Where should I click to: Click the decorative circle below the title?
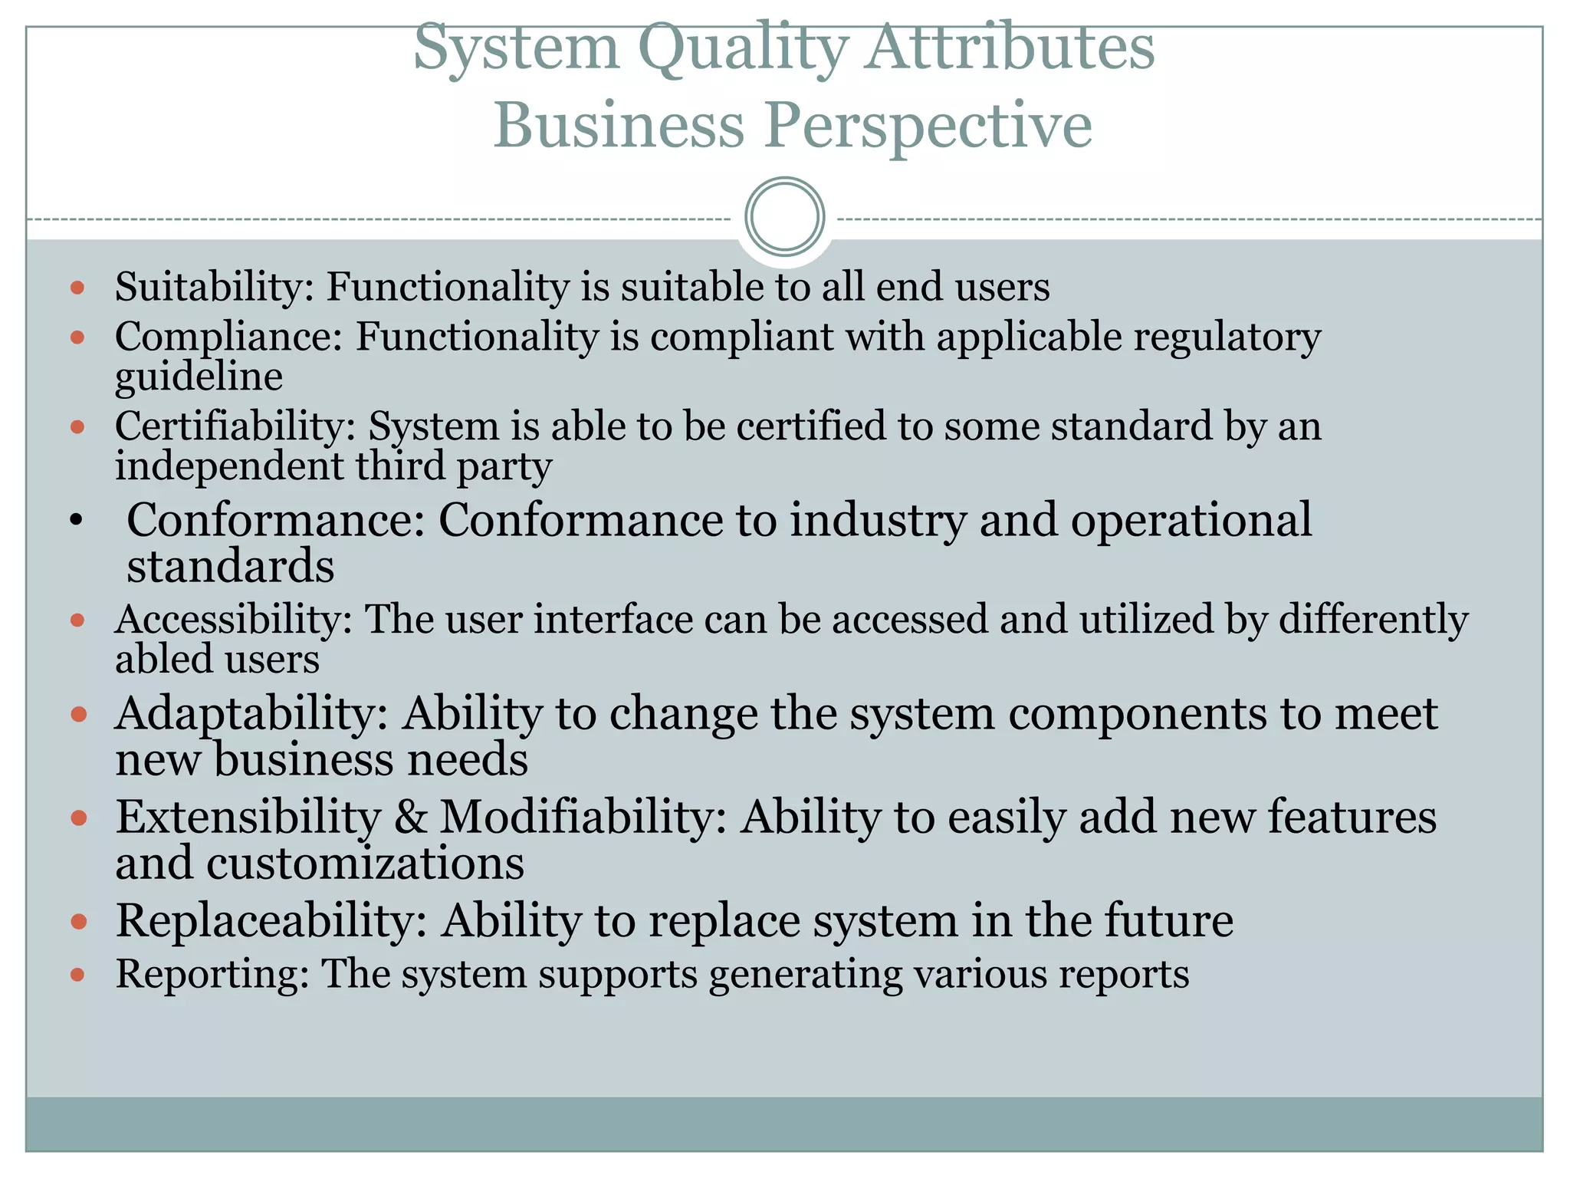pyautogui.click(x=784, y=217)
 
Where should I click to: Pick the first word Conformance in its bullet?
pyautogui.click(x=274, y=520)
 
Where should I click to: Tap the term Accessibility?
pyautogui.click(x=232, y=620)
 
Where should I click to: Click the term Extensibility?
pyautogui.click(x=248, y=817)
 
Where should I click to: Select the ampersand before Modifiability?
pyautogui.click(x=410, y=817)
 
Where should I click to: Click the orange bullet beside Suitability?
pyautogui.click(x=77, y=288)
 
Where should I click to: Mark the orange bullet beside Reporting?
pyautogui.click(x=77, y=975)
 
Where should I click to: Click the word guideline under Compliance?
pyautogui.click(x=199, y=377)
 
